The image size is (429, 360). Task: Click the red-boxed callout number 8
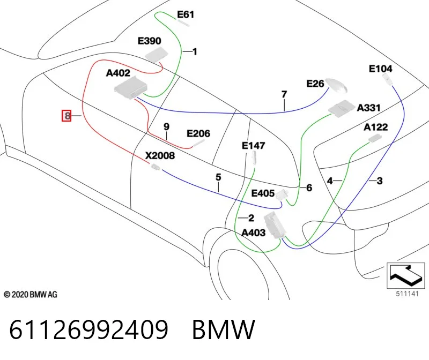click(x=66, y=116)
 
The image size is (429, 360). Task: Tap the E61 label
click(x=186, y=14)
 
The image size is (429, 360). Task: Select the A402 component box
click(x=131, y=88)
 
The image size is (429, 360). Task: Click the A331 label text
click(x=368, y=108)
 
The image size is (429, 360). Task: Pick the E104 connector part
click(x=387, y=79)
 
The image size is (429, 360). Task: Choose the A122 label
click(x=376, y=127)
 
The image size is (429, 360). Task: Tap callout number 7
click(x=284, y=94)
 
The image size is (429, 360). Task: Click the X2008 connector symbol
click(x=156, y=167)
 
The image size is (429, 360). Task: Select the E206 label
click(x=198, y=133)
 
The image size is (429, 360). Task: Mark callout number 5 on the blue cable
click(x=218, y=177)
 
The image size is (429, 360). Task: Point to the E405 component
click(x=282, y=195)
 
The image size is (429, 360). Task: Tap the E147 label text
click(x=253, y=146)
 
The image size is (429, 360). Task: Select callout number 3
click(x=380, y=181)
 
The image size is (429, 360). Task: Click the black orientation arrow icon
click(x=405, y=275)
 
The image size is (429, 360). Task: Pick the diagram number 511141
click(x=408, y=294)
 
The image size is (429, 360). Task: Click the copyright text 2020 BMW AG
click(x=31, y=295)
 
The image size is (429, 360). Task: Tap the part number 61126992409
click(x=88, y=329)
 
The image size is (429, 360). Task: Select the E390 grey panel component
click(x=156, y=54)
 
